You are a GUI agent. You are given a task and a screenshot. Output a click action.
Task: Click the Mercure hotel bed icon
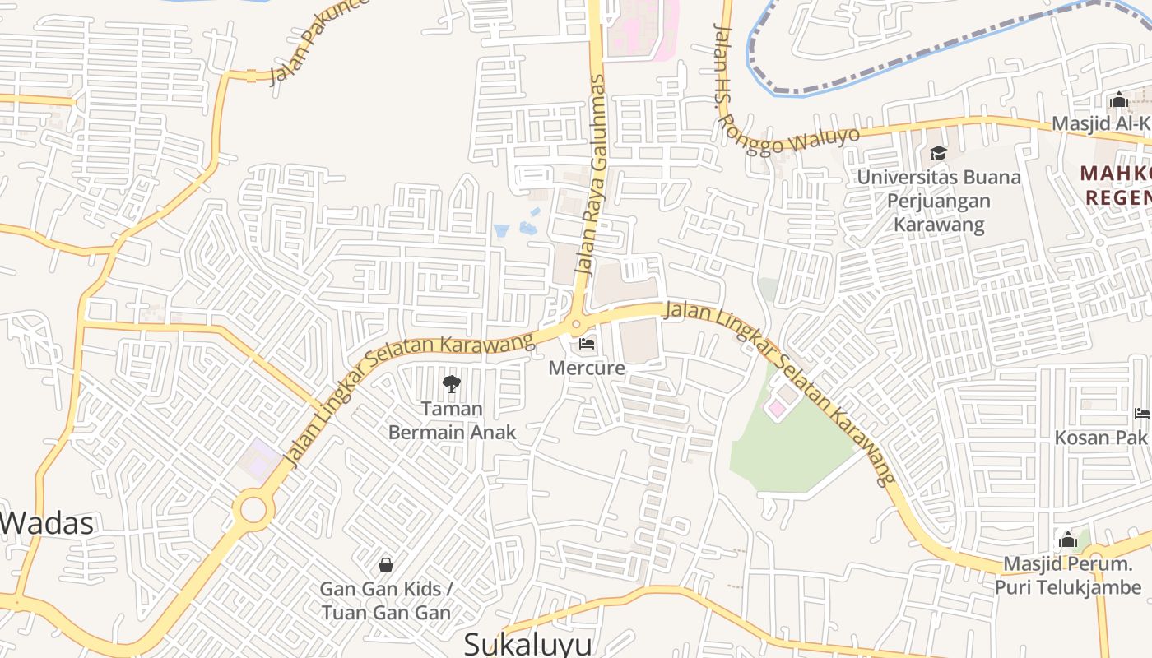(587, 343)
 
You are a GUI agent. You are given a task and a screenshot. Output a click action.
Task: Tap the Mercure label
(587, 368)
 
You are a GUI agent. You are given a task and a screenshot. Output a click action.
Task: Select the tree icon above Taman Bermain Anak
(451, 383)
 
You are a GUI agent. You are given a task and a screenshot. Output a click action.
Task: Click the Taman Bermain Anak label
(452, 420)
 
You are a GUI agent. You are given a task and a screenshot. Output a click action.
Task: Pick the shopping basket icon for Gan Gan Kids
(385, 565)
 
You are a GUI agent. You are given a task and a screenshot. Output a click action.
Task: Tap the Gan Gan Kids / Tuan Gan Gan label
(386, 601)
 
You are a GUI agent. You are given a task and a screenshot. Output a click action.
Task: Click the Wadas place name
(48, 523)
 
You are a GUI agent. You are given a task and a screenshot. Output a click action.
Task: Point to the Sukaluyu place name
(527, 644)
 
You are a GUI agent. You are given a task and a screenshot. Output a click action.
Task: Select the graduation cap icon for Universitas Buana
(937, 153)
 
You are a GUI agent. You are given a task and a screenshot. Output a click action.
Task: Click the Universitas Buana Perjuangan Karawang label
(939, 201)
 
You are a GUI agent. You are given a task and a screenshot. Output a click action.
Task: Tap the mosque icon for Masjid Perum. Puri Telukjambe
(1068, 540)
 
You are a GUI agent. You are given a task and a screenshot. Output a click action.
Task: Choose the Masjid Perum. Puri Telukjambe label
(1068, 576)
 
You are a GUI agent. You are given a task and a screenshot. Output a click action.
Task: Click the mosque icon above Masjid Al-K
(1118, 101)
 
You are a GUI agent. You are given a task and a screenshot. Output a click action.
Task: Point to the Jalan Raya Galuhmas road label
(592, 174)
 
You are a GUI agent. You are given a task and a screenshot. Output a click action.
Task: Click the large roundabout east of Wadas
(253, 510)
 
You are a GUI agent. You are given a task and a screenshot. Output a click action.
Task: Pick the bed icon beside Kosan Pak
(1141, 413)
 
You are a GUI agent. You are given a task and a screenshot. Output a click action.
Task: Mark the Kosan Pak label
(1101, 437)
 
